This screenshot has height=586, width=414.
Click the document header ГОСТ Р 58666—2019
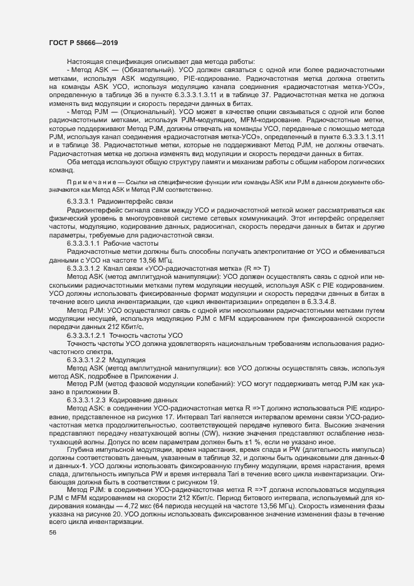[84, 43]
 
